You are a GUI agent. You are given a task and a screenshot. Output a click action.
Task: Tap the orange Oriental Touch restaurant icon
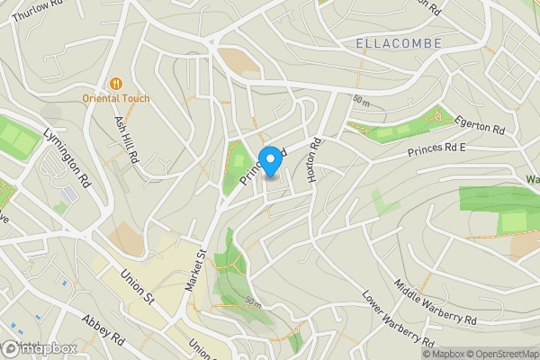(115, 83)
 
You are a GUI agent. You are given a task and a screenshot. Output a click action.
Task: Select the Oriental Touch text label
(117, 98)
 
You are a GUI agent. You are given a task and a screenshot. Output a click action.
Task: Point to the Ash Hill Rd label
(125, 136)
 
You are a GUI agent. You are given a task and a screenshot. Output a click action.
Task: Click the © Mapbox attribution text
(445, 354)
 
